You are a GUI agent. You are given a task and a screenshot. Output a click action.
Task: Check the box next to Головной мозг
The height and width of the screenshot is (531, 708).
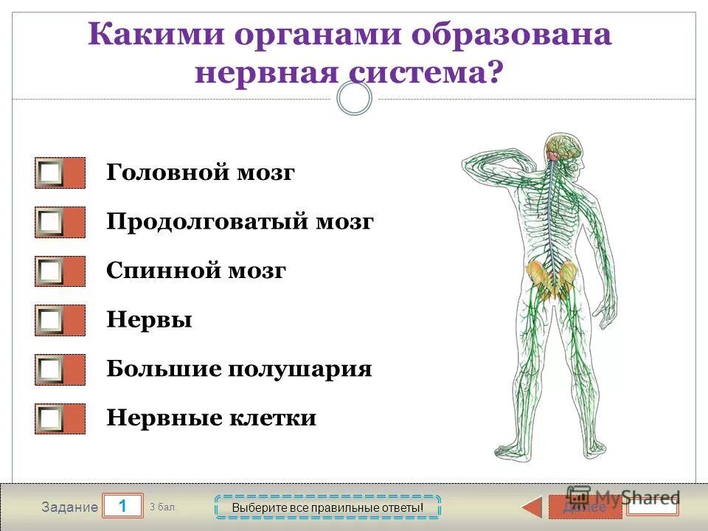click(51, 173)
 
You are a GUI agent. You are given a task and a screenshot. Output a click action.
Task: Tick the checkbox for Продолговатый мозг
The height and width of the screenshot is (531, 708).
click(51, 222)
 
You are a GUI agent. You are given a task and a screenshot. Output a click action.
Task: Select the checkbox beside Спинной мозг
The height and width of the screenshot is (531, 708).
click(51, 271)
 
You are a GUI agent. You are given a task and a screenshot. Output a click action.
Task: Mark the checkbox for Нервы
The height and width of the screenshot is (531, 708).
click(51, 320)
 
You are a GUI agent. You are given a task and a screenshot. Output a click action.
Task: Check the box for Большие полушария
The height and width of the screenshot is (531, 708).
click(51, 369)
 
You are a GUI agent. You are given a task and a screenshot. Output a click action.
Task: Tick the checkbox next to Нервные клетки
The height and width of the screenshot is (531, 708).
click(51, 418)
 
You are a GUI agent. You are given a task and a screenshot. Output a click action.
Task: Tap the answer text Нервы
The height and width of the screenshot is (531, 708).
click(149, 320)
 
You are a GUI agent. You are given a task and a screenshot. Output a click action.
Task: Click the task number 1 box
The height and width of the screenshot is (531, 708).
click(122, 506)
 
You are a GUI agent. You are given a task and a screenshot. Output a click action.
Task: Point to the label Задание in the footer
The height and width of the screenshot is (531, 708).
click(69, 507)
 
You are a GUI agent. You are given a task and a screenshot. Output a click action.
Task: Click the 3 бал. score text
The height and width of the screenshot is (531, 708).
click(163, 507)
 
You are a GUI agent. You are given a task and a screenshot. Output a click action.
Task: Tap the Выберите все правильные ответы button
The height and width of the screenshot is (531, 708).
click(327, 507)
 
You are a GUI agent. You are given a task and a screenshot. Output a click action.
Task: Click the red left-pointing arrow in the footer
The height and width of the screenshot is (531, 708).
click(532, 507)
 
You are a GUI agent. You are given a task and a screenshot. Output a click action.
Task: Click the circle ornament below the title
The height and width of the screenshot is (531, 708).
click(354, 98)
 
